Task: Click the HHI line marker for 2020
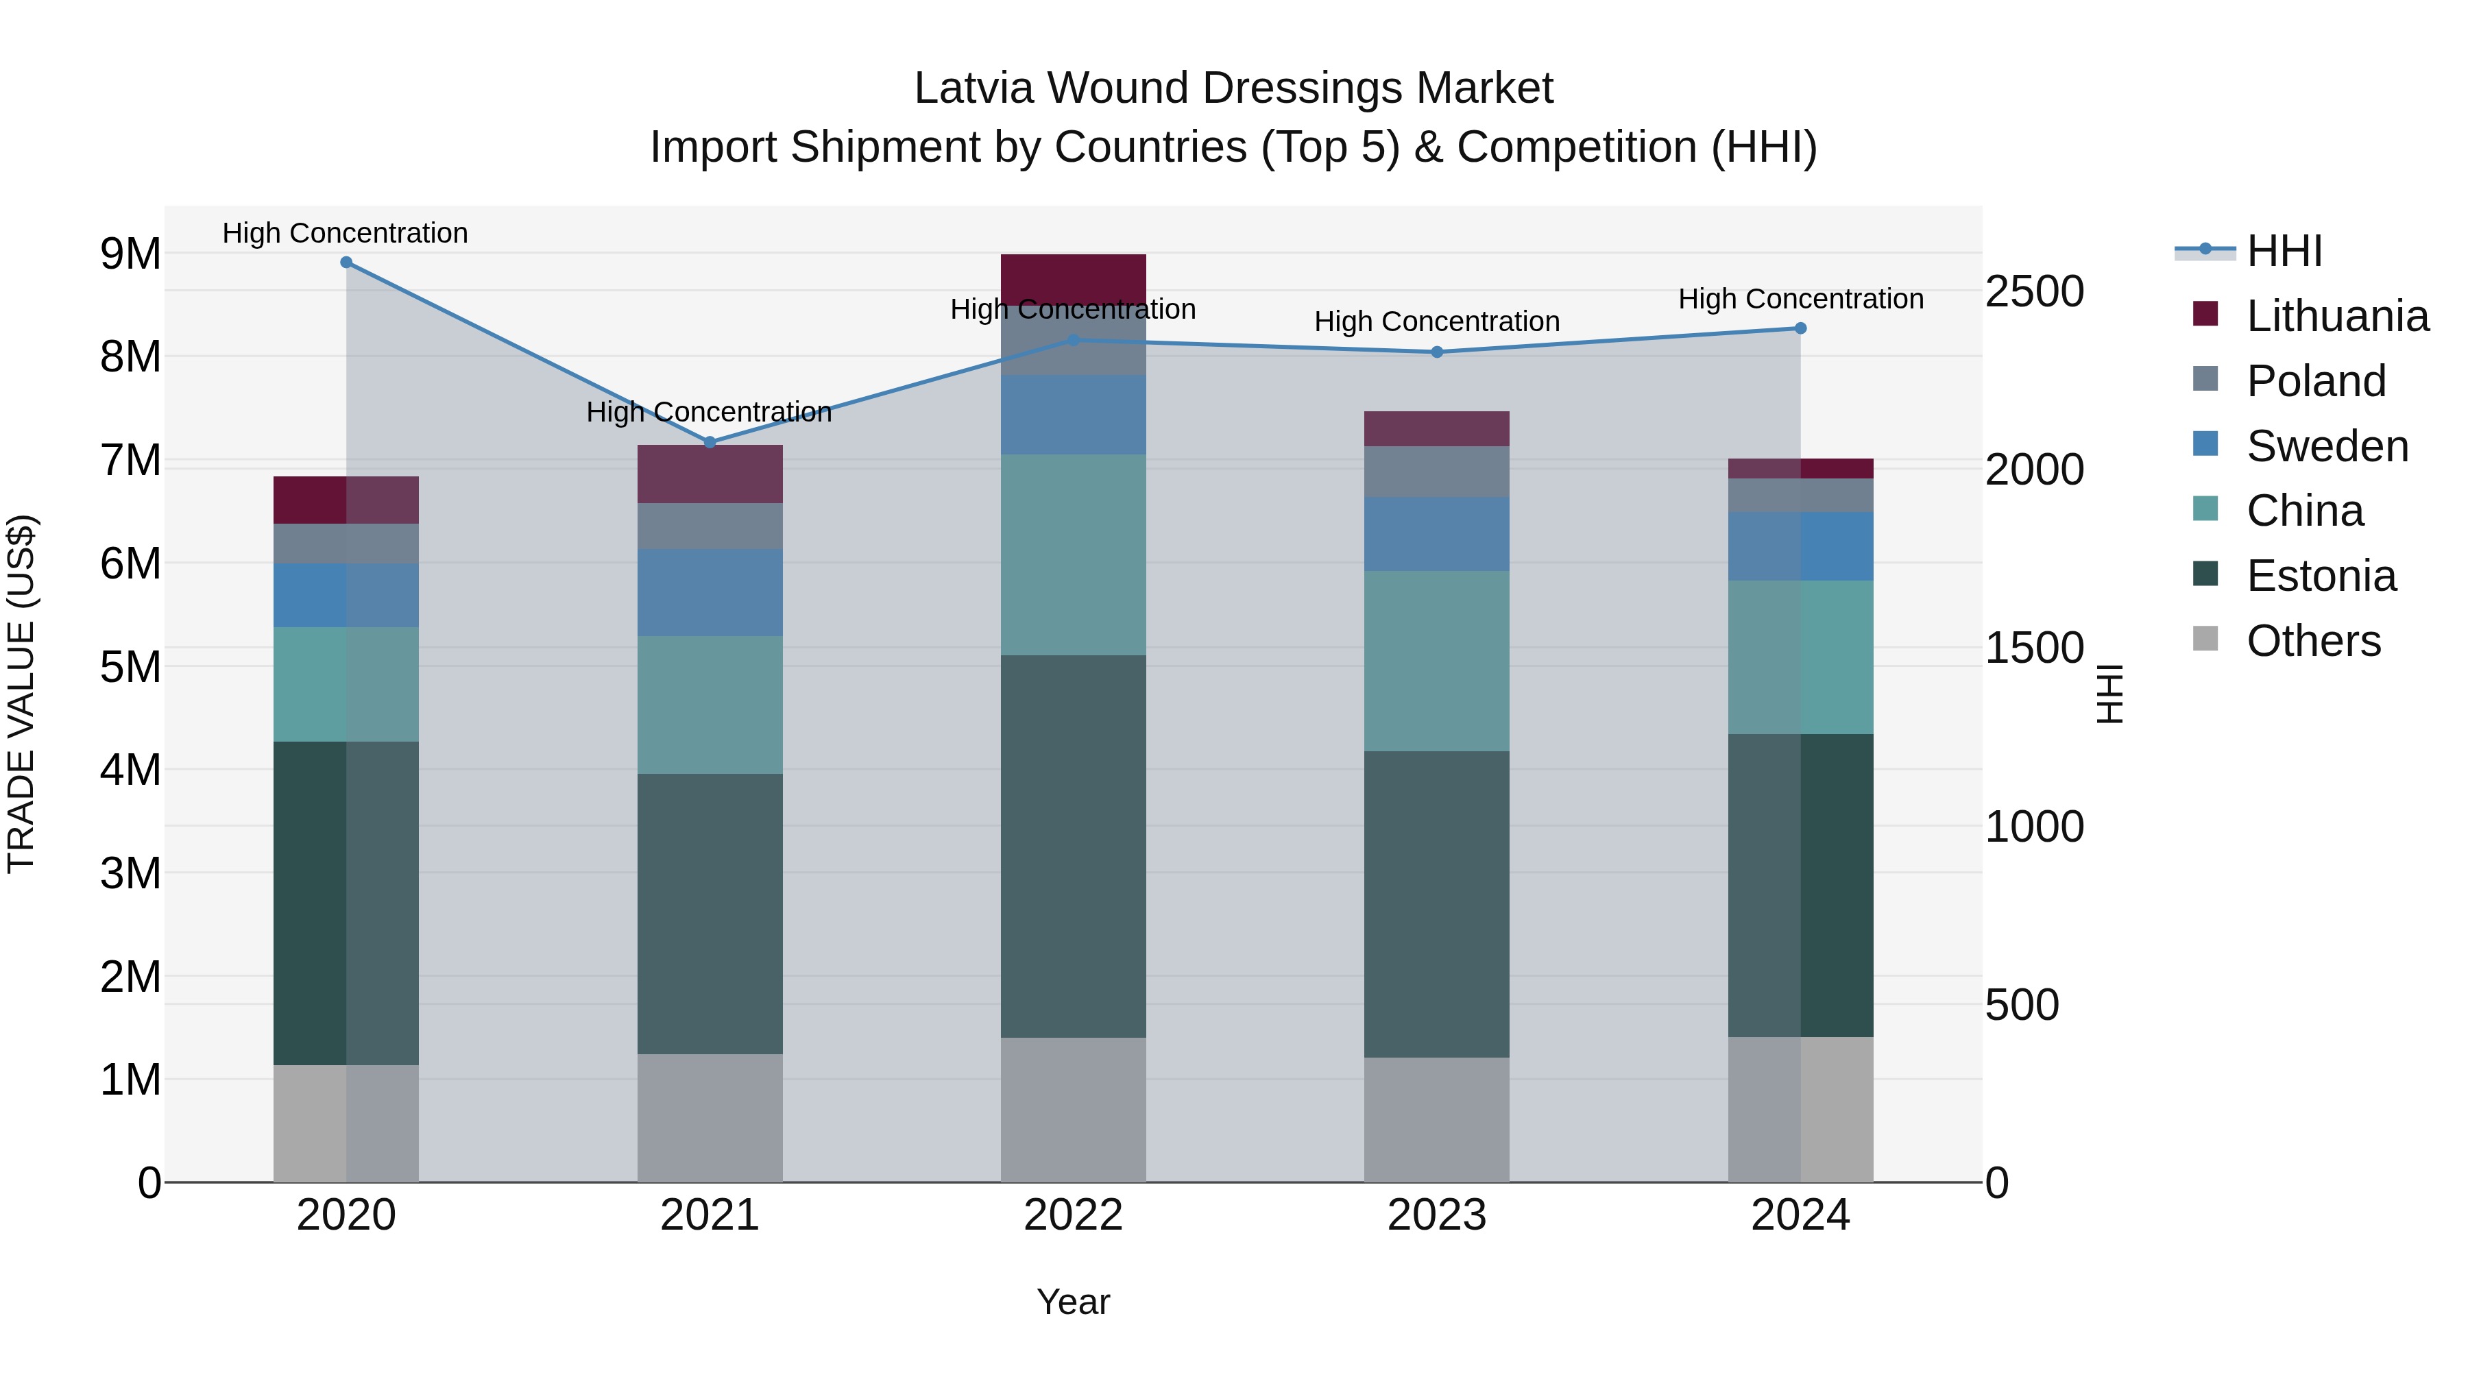tap(346, 263)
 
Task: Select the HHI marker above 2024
tap(1800, 328)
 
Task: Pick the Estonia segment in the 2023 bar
tap(1436, 903)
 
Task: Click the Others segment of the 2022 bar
tap(1073, 1109)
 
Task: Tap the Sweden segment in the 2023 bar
tap(1436, 533)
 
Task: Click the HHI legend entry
tap(2284, 251)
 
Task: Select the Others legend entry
tap(2313, 641)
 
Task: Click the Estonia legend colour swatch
tap(2205, 575)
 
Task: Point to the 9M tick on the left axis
tap(130, 254)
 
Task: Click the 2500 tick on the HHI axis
tap(2033, 291)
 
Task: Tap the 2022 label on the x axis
tap(1073, 1215)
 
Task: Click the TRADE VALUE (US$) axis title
tap(22, 694)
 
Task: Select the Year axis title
tap(1073, 1302)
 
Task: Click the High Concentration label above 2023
tap(1436, 322)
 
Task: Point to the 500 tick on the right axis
tap(2022, 1005)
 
